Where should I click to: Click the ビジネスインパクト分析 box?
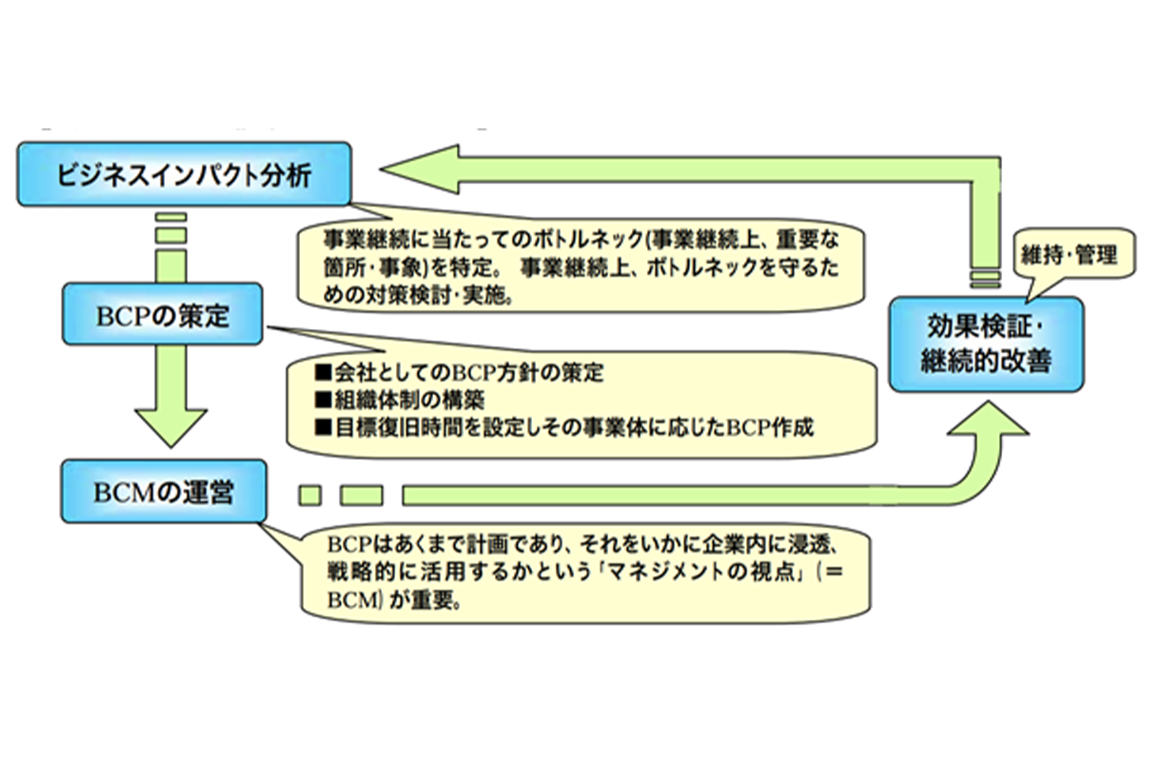(184, 174)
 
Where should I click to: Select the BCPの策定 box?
(162, 314)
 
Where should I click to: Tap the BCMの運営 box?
(164, 491)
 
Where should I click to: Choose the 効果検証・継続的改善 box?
(986, 344)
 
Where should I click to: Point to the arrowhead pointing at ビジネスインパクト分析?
(420, 169)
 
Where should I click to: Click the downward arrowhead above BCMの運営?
(171, 426)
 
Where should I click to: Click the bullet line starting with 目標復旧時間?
(564, 427)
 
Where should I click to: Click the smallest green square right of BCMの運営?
(310, 495)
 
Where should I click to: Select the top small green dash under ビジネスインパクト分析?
(171, 217)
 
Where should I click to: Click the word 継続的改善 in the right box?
(986, 361)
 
